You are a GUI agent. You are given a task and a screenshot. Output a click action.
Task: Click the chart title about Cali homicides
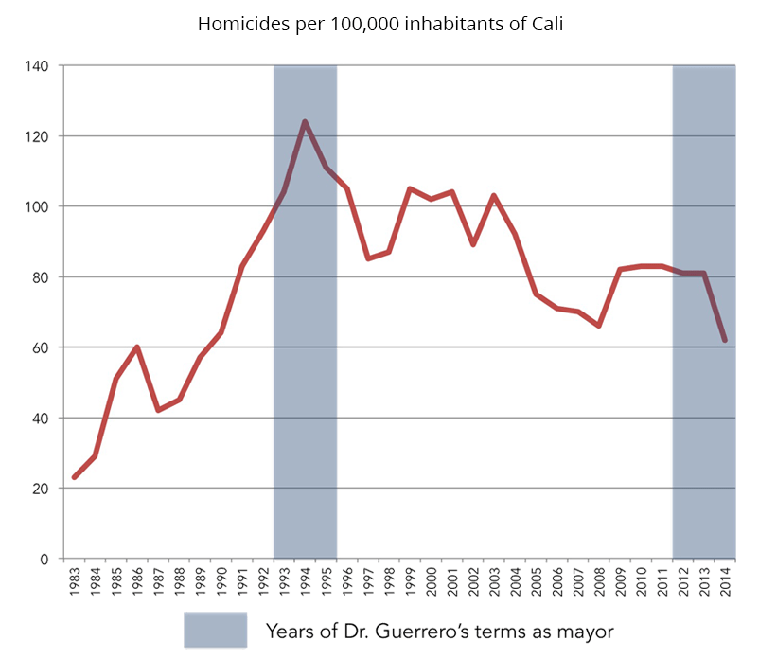[x=379, y=24]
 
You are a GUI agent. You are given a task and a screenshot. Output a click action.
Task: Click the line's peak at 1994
[x=305, y=121]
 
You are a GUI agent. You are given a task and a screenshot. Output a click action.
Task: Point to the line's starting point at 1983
[x=74, y=477]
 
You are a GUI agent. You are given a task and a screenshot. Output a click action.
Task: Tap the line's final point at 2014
[x=725, y=340]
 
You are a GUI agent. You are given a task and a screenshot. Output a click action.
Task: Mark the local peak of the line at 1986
[x=137, y=347]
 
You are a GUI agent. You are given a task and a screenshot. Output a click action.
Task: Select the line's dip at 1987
[x=158, y=410]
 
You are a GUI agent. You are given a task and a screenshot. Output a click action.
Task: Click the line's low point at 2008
[x=599, y=326]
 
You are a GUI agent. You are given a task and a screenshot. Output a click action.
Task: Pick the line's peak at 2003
[x=494, y=195]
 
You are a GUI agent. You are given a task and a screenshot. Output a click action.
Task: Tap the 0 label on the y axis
[x=45, y=559]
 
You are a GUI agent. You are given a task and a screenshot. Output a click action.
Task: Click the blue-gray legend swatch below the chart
[x=215, y=630]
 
